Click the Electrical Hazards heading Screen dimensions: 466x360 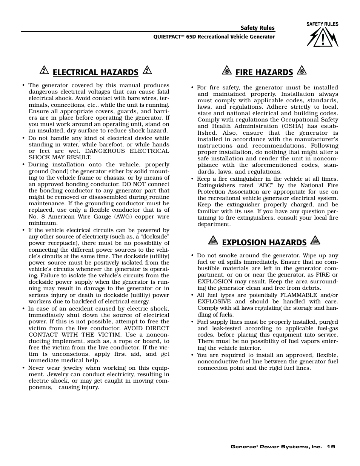[x=95, y=72]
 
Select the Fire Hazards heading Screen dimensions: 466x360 [x=264, y=72]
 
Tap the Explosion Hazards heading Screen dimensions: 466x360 [x=264, y=242]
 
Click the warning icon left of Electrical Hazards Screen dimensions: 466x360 [x=44, y=71]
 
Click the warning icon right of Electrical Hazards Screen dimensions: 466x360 [x=147, y=70]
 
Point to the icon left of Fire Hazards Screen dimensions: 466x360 [x=226, y=70]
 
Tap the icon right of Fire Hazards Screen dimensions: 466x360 [x=301, y=70]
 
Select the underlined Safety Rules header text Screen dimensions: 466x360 [x=258, y=28]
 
